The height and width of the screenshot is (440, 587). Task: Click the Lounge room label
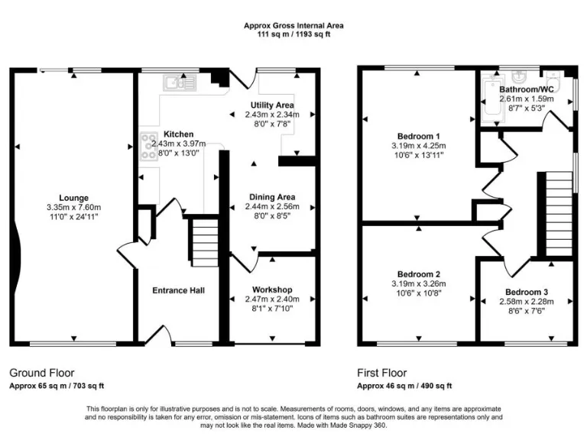(x=74, y=197)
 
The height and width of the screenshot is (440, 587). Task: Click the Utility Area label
(x=272, y=105)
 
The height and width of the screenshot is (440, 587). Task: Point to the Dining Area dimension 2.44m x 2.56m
(x=273, y=206)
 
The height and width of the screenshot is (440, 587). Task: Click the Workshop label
(x=272, y=290)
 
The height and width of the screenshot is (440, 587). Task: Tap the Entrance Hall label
(x=178, y=290)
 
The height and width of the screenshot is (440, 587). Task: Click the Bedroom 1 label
(x=417, y=136)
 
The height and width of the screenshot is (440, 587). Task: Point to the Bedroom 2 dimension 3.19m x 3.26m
(x=417, y=283)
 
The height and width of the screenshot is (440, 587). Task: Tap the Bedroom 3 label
(x=526, y=292)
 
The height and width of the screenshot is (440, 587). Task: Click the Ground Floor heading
(x=41, y=373)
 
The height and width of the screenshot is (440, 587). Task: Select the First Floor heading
(x=384, y=373)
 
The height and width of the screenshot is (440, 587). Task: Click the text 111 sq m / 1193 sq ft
(x=293, y=34)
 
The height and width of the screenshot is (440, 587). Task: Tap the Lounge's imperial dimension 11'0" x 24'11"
(x=74, y=217)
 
